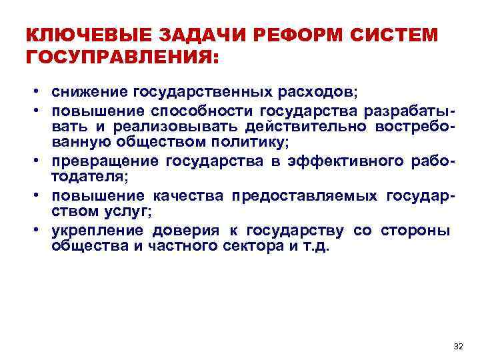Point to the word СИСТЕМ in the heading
tap(398, 35)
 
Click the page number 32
tap(457, 346)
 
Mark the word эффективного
tap(347, 162)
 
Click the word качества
tap(189, 195)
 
